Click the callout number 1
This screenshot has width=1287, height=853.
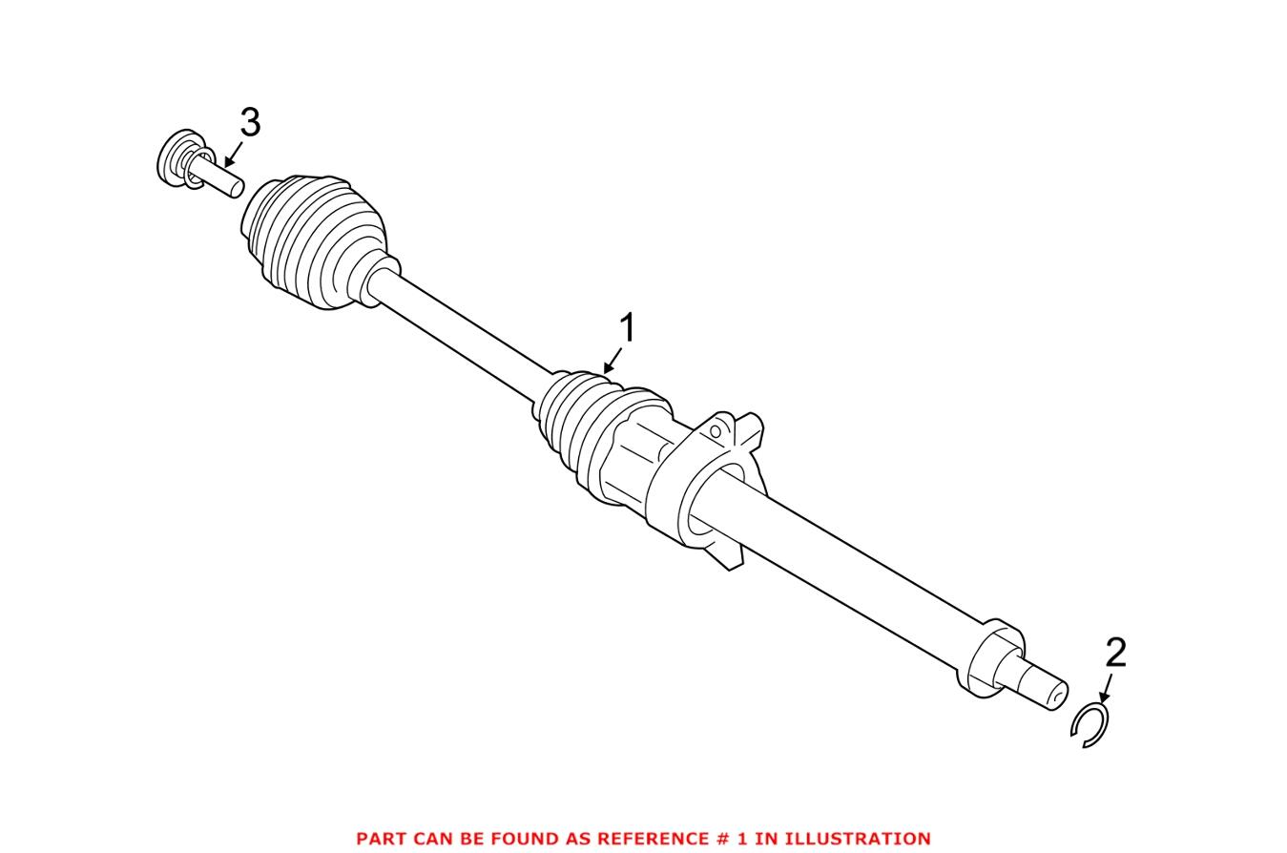point(627,328)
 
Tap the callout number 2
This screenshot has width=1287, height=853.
point(1115,654)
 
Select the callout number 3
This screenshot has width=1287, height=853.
point(249,123)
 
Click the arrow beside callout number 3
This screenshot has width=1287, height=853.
point(230,155)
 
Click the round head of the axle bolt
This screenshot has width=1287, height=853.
point(172,159)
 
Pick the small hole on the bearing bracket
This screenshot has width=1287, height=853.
point(715,432)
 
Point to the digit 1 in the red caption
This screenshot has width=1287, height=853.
point(743,839)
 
